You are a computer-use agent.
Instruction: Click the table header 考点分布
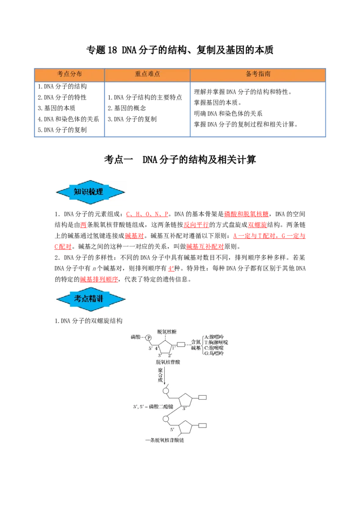click(x=69, y=74)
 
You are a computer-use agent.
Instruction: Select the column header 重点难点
click(x=147, y=74)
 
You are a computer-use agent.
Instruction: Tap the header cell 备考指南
click(x=258, y=74)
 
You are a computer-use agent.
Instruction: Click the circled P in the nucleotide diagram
click(x=148, y=337)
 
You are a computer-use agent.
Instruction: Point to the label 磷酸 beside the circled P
click(x=135, y=337)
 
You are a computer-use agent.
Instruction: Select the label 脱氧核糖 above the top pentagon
click(x=166, y=331)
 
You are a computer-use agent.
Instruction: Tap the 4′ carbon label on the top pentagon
click(x=157, y=348)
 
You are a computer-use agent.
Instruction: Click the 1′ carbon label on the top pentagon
click(x=174, y=348)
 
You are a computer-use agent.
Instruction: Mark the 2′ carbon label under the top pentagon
click(x=170, y=356)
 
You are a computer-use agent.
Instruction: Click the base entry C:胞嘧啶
click(x=214, y=348)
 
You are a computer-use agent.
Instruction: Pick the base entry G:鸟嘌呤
click(x=214, y=354)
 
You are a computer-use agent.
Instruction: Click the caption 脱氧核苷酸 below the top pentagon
click(x=167, y=362)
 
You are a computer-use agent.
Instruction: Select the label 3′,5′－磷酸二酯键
click(x=153, y=406)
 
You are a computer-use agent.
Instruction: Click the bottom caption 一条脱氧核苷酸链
click(x=165, y=440)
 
